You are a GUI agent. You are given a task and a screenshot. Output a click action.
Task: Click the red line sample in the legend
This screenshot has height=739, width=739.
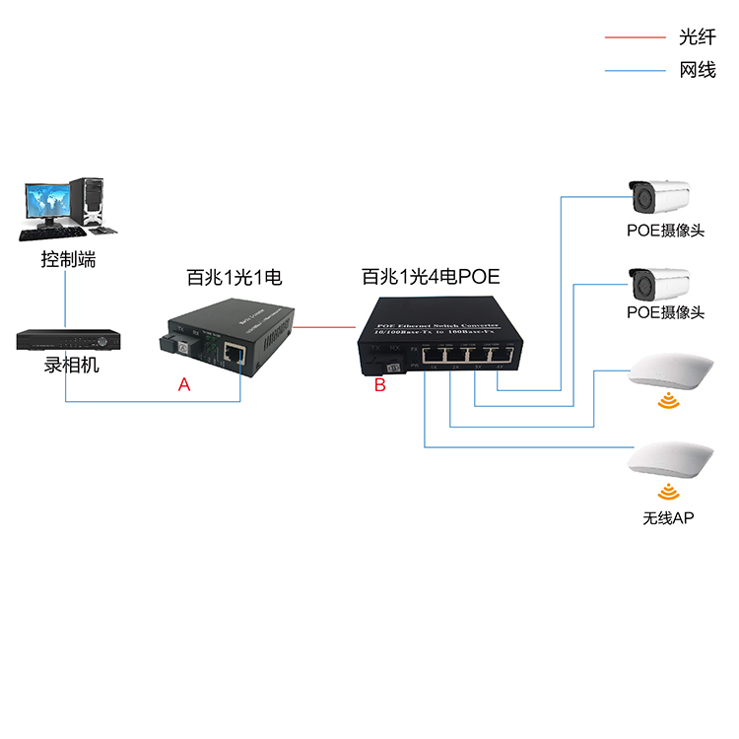click(x=635, y=37)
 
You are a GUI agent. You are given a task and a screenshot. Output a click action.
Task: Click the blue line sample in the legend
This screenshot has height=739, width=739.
click(x=635, y=70)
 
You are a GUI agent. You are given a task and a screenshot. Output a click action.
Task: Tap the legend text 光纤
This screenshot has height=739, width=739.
click(x=697, y=37)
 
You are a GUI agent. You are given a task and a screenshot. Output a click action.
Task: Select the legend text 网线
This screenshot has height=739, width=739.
click(x=697, y=70)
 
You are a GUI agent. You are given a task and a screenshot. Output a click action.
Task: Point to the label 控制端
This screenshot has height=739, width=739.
click(x=69, y=260)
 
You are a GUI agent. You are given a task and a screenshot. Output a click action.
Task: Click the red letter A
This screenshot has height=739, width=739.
click(x=183, y=386)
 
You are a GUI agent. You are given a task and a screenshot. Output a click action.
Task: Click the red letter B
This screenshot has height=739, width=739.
click(x=379, y=385)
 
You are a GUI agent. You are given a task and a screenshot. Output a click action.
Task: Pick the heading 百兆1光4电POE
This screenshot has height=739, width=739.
click(x=431, y=279)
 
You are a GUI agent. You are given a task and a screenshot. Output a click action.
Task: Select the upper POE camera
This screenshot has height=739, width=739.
click(x=660, y=197)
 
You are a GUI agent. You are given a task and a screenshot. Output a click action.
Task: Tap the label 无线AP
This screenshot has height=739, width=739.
click(x=667, y=517)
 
